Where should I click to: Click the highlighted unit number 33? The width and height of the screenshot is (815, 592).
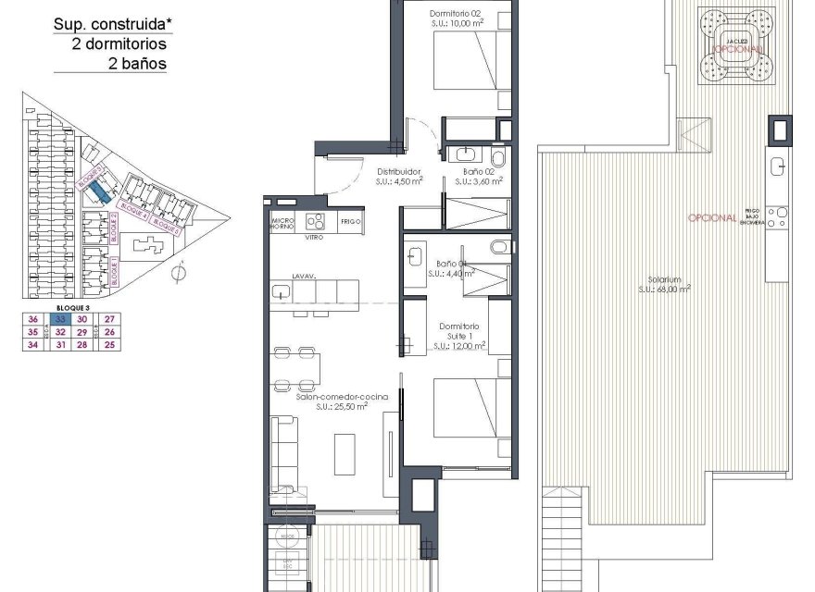click(x=59, y=318)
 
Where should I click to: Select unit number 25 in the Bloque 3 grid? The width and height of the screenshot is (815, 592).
click(x=109, y=345)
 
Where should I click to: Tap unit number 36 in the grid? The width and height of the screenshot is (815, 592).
click(x=33, y=318)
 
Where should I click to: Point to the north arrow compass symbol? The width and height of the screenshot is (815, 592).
click(x=182, y=272)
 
